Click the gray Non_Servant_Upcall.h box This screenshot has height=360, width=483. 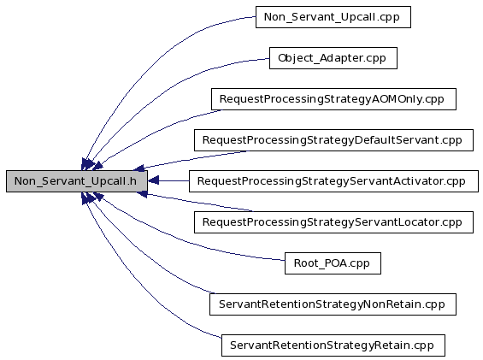(77, 181)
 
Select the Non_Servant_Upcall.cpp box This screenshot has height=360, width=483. (333, 17)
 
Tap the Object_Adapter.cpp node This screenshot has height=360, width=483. (333, 58)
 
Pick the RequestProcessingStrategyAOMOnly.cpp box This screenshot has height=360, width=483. (333, 99)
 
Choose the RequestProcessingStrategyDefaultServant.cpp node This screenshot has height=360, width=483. (333, 140)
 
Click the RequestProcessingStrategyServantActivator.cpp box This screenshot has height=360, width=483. (333, 181)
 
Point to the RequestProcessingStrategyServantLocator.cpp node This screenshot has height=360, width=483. (333, 222)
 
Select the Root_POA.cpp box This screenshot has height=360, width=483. (333, 263)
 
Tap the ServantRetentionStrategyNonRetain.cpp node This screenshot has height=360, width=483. (333, 304)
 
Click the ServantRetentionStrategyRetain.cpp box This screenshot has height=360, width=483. (333, 345)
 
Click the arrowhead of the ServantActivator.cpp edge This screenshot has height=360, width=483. (153, 181)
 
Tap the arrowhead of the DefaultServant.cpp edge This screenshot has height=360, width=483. (139, 168)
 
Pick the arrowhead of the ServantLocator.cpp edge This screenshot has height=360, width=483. (141, 194)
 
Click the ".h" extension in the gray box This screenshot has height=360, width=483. (132, 181)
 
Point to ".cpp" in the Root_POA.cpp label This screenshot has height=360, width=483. (358, 264)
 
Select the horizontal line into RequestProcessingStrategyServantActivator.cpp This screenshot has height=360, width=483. (174, 181)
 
